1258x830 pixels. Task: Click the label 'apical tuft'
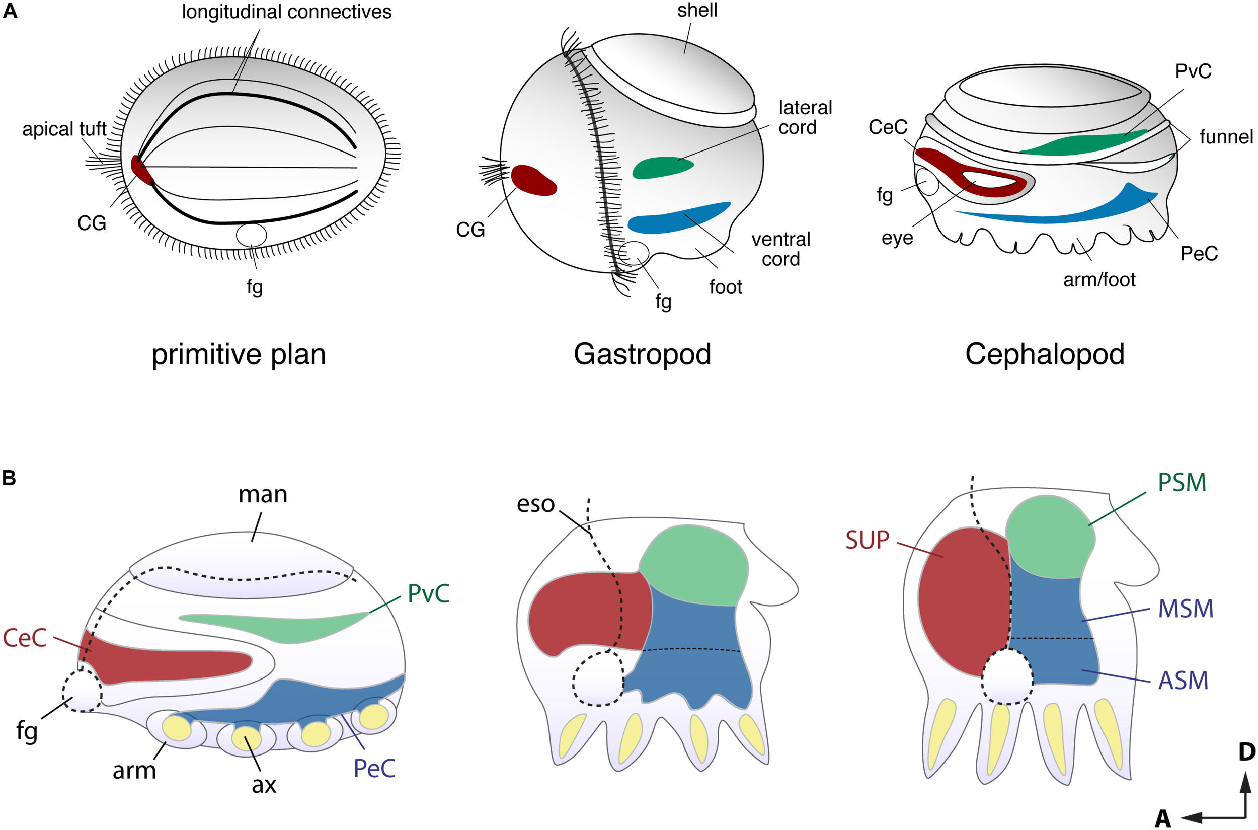coord(64,129)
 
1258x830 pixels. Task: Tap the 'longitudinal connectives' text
coord(286,12)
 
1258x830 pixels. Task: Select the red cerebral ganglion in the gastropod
coord(532,181)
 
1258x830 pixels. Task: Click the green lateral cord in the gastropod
coord(661,167)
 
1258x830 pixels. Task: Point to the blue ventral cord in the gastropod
coord(677,218)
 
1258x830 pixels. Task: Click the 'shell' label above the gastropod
coord(697,10)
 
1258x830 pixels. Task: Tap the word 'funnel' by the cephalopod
coord(1226,137)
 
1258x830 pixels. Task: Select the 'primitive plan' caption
coord(238,355)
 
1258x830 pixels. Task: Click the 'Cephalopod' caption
coord(1044,354)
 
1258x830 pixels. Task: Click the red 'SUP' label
coord(867,540)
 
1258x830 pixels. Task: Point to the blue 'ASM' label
coord(1184,681)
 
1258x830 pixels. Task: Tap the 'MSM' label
coord(1186,609)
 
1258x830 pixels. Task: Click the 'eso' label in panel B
coord(535,504)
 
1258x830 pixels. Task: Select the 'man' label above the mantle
coord(263,494)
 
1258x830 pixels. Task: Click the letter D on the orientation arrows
coord(1247,752)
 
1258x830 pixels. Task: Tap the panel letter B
coord(9,478)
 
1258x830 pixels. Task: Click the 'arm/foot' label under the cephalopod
coord(1098,279)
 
